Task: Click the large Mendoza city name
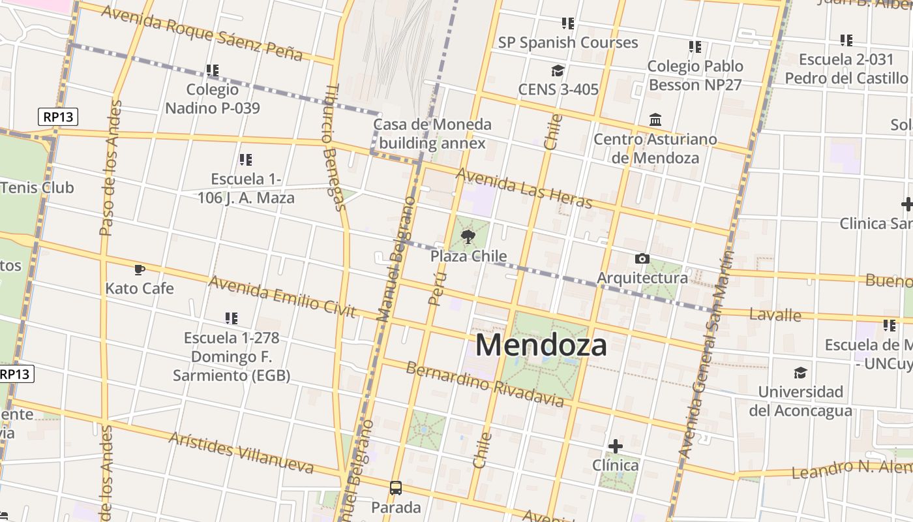pyautogui.click(x=541, y=345)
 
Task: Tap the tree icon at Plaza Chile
pyautogui.click(x=468, y=237)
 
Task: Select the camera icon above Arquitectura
pyautogui.click(x=642, y=259)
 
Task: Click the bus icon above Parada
pyautogui.click(x=395, y=487)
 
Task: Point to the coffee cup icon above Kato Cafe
pyautogui.click(x=139, y=269)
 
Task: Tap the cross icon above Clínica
pyautogui.click(x=615, y=446)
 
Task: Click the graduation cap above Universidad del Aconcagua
pyautogui.click(x=800, y=373)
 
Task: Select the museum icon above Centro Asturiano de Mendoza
pyautogui.click(x=655, y=120)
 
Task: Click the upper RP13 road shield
pyautogui.click(x=58, y=117)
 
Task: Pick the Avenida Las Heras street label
pyautogui.click(x=524, y=189)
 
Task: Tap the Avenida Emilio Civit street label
pyautogui.click(x=282, y=297)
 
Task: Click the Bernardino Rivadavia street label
pyautogui.click(x=485, y=384)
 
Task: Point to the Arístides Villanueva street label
pyautogui.click(x=241, y=452)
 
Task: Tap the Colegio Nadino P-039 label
pyautogui.click(x=213, y=99)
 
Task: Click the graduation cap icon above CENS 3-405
pyautogui.click(x=557, y=70)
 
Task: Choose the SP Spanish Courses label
pyautogui.click(x=568, y=42)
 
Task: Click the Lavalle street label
pyautogui.click(x=775, y=315)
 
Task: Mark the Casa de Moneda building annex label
pyautogui.click(x=432, y=134)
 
